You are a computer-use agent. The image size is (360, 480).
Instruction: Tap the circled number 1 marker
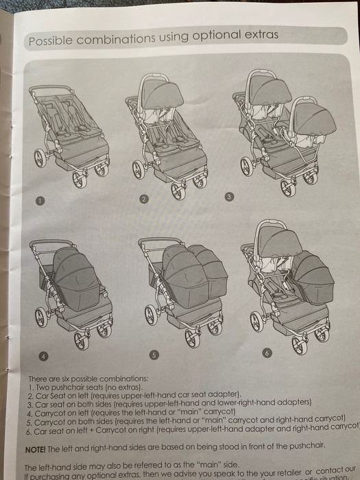[x=40, y=201]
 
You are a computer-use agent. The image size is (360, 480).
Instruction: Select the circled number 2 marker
[x=144, y=200]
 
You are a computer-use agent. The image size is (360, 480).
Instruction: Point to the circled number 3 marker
[x=229, y=196]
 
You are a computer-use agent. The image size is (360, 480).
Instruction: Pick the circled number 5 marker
[x=154, y=355]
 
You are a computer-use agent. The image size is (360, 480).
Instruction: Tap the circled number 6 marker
[x=267, y=352]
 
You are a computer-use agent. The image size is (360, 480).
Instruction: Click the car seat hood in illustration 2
[x=163, y=94]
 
